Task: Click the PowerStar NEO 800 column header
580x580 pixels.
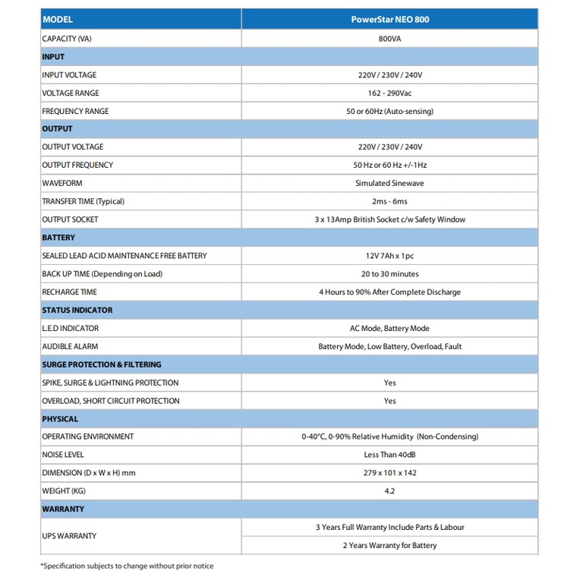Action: [x=389, y=19]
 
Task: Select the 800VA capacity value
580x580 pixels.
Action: [x=389, y=39]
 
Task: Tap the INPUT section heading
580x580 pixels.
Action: [x=53, y=57]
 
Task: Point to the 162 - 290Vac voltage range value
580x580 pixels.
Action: [x=389, y=93]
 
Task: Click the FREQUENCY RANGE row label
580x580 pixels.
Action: [x=75, y=112]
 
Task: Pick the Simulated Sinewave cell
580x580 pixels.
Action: [x=389, y=184]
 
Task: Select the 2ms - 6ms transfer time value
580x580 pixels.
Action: [x=389, y=202]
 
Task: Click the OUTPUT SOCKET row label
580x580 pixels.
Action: [x=70, y=220]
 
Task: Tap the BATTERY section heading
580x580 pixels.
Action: [x=58, y=238]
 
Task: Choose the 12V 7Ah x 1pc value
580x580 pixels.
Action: [x=389, y=256]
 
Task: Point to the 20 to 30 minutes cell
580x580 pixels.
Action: [x=389, y=274]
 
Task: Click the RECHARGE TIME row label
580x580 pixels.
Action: [x=69, y=292]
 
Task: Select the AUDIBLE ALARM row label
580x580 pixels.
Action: [x=70, y=347]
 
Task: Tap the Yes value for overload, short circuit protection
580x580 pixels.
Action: [x=389, y=401]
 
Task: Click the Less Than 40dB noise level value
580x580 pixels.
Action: [x=389, y=455]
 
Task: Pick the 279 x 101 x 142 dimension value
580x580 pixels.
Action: [x=389, y=473]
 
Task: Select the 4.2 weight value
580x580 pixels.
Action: [x=389, y=491]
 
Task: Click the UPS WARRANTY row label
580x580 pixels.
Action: [x=69, y=536]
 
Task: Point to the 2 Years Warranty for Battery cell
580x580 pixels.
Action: [x=389, y=545]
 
